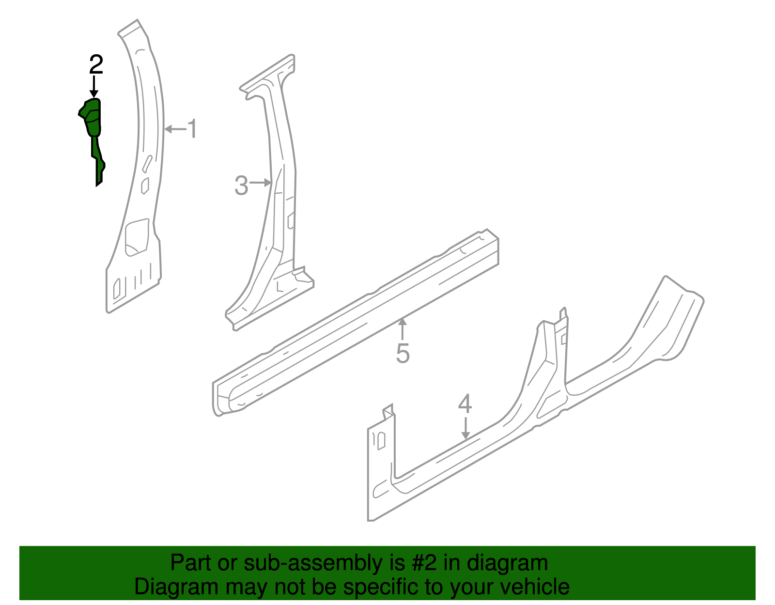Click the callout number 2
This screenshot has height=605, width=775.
pyautogui.click(x=96, y=64)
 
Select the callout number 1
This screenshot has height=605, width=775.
pyautogui.click(x=193, y=129)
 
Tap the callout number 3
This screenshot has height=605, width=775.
pyautogui.click(x=241, y=186)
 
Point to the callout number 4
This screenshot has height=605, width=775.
pyautogui.click(x=465, y=404)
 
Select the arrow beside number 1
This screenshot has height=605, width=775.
pyautogui.click(x=175, y=129)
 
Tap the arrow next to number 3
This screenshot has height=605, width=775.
pyautogui.click(x=262, y=183)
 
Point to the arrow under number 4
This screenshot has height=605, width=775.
pyautogui.click(x=465, y=428)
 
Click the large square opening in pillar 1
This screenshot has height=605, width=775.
pyautogui.click(x=137, y=237)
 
